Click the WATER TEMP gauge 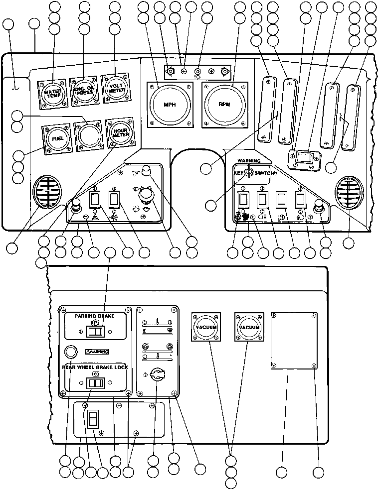(x=51, y=93)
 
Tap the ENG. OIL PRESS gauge (x=83, y=91)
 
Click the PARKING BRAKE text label (x=95, y=316)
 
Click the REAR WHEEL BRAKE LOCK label (x=95, y=367)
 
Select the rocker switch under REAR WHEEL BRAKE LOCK (x=95, y=383)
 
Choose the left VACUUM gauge (x=205, y=327)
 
